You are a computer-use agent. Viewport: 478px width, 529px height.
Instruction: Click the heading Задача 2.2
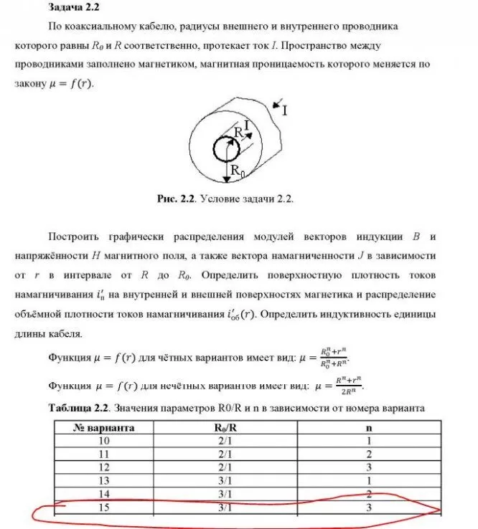click(x=73, y=8)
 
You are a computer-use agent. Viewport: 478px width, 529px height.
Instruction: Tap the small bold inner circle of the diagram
click(x=228, y=150)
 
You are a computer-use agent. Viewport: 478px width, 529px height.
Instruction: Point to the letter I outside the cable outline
click(x=285, y=110)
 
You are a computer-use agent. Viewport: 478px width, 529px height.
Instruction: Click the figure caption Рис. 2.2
click(x=177, y=199)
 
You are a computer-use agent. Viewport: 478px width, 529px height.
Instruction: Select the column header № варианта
click(x=104, y=427)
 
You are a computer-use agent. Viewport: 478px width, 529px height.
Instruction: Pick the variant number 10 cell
click(x=104, y=440)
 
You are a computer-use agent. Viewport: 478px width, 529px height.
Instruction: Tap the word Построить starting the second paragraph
click(x=75, y=236)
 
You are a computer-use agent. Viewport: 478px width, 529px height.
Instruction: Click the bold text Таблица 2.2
click(x=78, y=408)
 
